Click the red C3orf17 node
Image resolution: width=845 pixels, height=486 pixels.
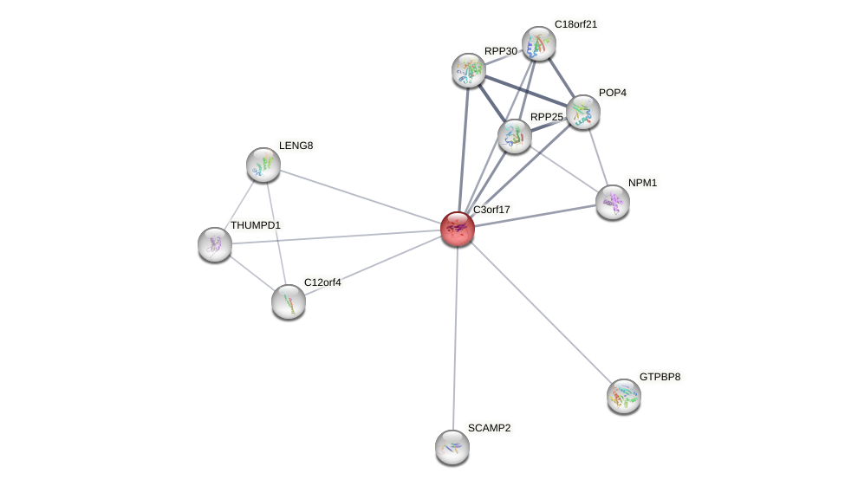[x=457, y=229]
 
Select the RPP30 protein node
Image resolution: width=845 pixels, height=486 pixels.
[x=469, y=70]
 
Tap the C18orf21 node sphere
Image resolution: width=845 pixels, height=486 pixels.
[x=538, y=43]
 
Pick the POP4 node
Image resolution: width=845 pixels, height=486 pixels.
[x=582, y=112]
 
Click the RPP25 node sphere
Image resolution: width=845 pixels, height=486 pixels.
[x=514, y=136]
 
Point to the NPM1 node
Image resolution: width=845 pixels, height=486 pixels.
[x=613, y=202]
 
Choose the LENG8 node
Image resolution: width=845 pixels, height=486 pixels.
[x=263, y=165]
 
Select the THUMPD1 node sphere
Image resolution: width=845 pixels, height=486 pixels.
[x=215, y=244]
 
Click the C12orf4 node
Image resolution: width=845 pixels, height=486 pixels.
[x=289, y=301]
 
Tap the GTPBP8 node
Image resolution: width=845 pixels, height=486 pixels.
[x=623, y=396]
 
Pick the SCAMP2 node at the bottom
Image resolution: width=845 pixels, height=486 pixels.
[x=452, y=447]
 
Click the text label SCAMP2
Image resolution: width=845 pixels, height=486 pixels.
[x=489, y=428]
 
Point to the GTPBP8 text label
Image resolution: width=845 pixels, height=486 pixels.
[x=660, y=377]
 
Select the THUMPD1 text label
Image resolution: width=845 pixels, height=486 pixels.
[x=255, y=225]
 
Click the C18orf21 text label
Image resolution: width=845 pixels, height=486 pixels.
[x=575, y=24]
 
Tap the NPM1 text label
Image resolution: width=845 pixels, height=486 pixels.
[x=642, y=183]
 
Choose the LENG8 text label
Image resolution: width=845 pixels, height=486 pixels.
[x=296, y=146]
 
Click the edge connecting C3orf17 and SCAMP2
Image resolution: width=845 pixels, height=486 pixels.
[x=455, y=338]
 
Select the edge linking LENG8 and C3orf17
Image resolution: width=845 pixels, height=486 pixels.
[x=360, y=197]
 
